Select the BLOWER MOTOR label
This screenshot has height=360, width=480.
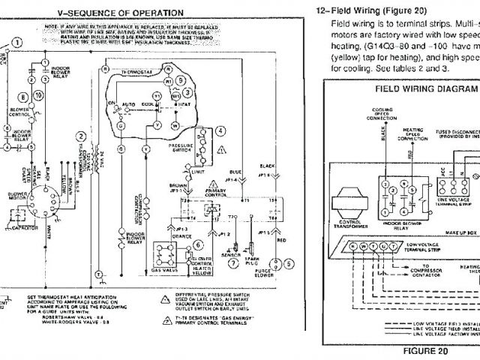point(17,196)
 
